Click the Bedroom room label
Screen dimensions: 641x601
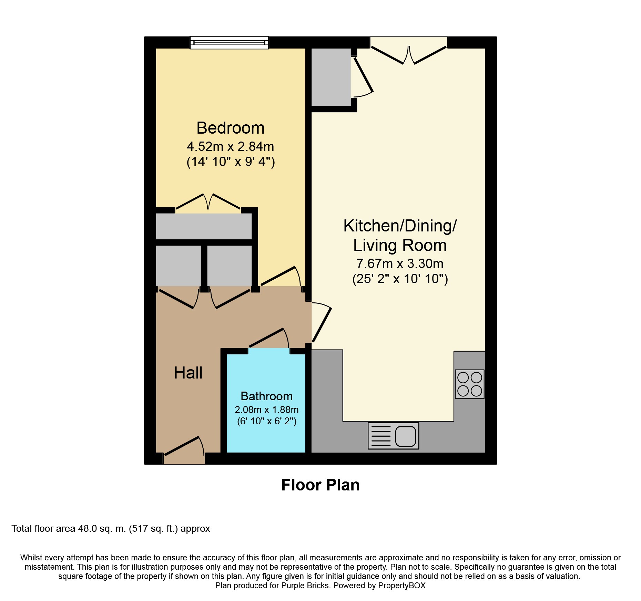[x=231, y=128]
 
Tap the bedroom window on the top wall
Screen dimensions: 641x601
[x=229, y=43]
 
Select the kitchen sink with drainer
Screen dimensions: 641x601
[x=394, y=436]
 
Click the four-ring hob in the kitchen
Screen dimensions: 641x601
[x=470, y=384]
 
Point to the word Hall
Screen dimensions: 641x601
[x=188, y=373]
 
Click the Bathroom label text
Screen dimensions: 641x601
[x=266, y=396]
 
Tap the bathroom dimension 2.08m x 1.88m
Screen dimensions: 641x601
[x=266, y=410]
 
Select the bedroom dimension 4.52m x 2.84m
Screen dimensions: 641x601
[x=231, y=147]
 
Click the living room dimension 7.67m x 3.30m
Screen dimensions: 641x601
[x=400, y=263]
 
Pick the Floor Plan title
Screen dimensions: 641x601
[x=320, y=485]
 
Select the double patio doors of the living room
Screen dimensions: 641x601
[x=409, y=55]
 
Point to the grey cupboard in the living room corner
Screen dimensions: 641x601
[x=331, y=77]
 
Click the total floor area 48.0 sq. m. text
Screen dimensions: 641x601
[x=111, y=529]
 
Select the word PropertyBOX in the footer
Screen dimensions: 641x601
[x=402, y=586]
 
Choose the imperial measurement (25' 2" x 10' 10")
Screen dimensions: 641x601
[x=400, y=279]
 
